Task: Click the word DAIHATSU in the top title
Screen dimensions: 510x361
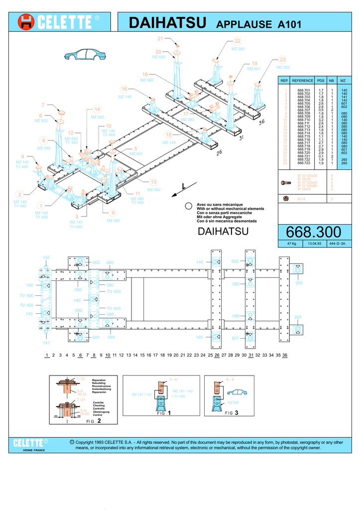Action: point(167,22)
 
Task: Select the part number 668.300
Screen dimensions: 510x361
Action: point(314,232)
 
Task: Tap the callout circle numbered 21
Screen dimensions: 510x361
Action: point(160,39)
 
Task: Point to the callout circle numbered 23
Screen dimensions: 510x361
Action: point(282,60)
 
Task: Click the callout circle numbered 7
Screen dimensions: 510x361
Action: point(43,105)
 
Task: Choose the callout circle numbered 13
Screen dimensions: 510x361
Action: point(153,182)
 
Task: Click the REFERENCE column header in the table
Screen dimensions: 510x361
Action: point(303,80)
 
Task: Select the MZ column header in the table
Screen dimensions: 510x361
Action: point(343,80)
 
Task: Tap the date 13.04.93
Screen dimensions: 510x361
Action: point(314,244)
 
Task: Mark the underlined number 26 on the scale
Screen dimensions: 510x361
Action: point(217,355)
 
